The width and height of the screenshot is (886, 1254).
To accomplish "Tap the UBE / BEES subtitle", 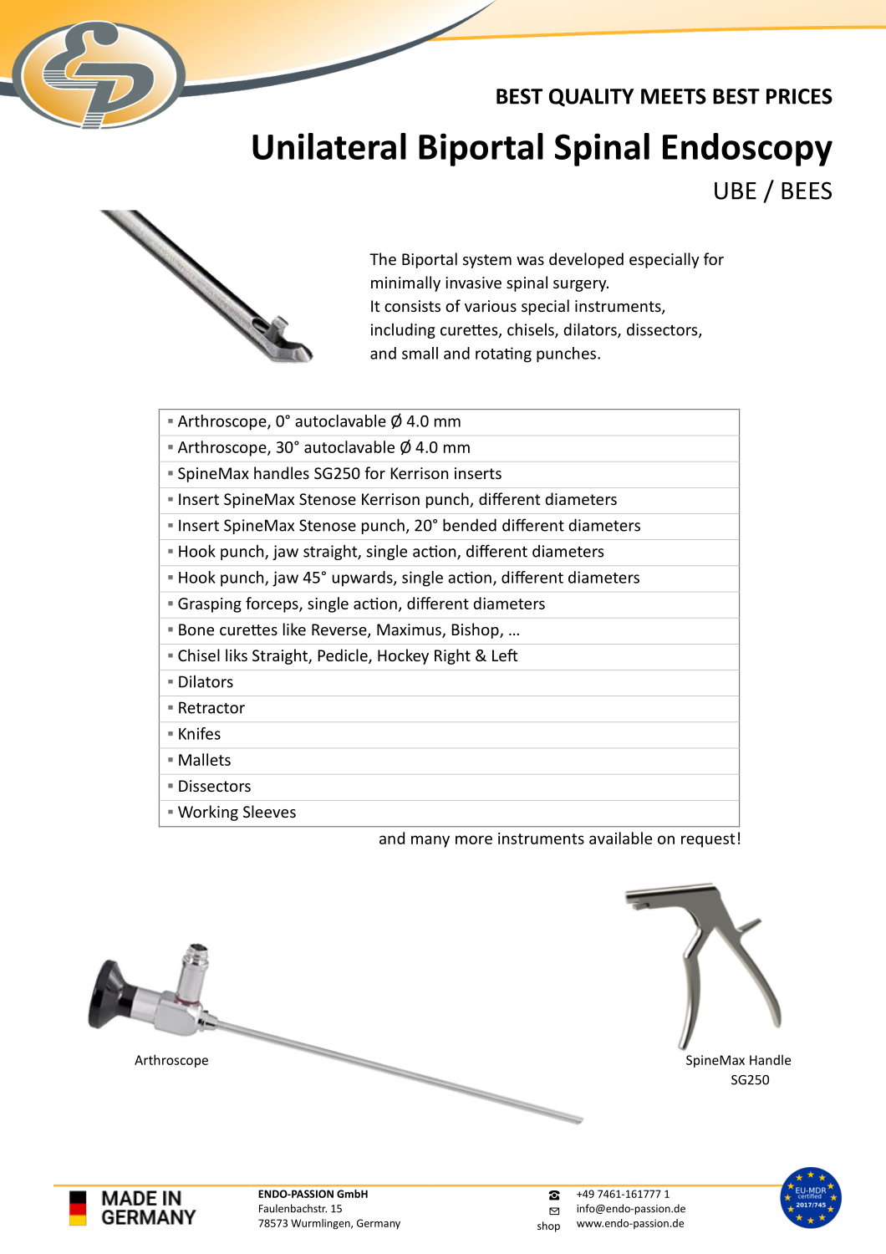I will point(771,191).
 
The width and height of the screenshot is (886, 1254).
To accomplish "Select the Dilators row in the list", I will point(206,682).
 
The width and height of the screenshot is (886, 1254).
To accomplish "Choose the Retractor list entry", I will point(211,708).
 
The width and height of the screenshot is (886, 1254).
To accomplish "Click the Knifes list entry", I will point(200,734).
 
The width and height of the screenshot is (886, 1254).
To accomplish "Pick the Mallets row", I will point(205,760).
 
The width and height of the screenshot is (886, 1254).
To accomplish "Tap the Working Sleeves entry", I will point(237,813).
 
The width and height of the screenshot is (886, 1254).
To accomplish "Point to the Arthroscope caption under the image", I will point(171,1060).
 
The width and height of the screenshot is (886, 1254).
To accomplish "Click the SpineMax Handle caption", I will point(738,1060).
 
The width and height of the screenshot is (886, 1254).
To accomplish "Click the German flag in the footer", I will point(78,1208).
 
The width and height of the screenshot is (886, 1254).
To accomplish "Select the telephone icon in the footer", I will point(553,1195).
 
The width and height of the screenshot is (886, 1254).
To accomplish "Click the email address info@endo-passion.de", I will point(631,1209).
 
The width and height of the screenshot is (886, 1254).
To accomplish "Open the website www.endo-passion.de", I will point(630,1223).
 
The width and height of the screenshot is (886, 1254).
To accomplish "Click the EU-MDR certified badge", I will point(810,1197).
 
